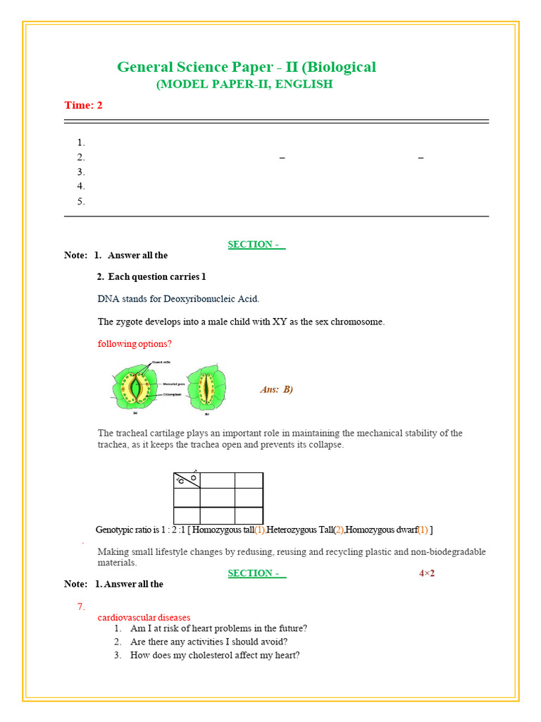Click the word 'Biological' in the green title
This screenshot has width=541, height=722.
(x=342, y=67)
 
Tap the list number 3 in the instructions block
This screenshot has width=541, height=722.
(x=81, y=171)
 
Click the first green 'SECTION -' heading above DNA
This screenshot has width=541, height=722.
(x=256, y=245)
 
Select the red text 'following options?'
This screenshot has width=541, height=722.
(x=135, y=344)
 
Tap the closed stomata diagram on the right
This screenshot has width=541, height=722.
(x=206, y=388)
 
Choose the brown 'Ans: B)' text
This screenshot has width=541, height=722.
(x=276, y=389)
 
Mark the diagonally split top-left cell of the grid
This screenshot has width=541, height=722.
(x=187, y=481)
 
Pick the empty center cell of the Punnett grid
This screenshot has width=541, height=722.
(x=217, y=498)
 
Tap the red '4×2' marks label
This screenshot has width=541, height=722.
(x=427, y=573)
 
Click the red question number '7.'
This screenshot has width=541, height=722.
(x=82, y=606)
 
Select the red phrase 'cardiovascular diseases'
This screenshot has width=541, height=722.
(x=144, y=617)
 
